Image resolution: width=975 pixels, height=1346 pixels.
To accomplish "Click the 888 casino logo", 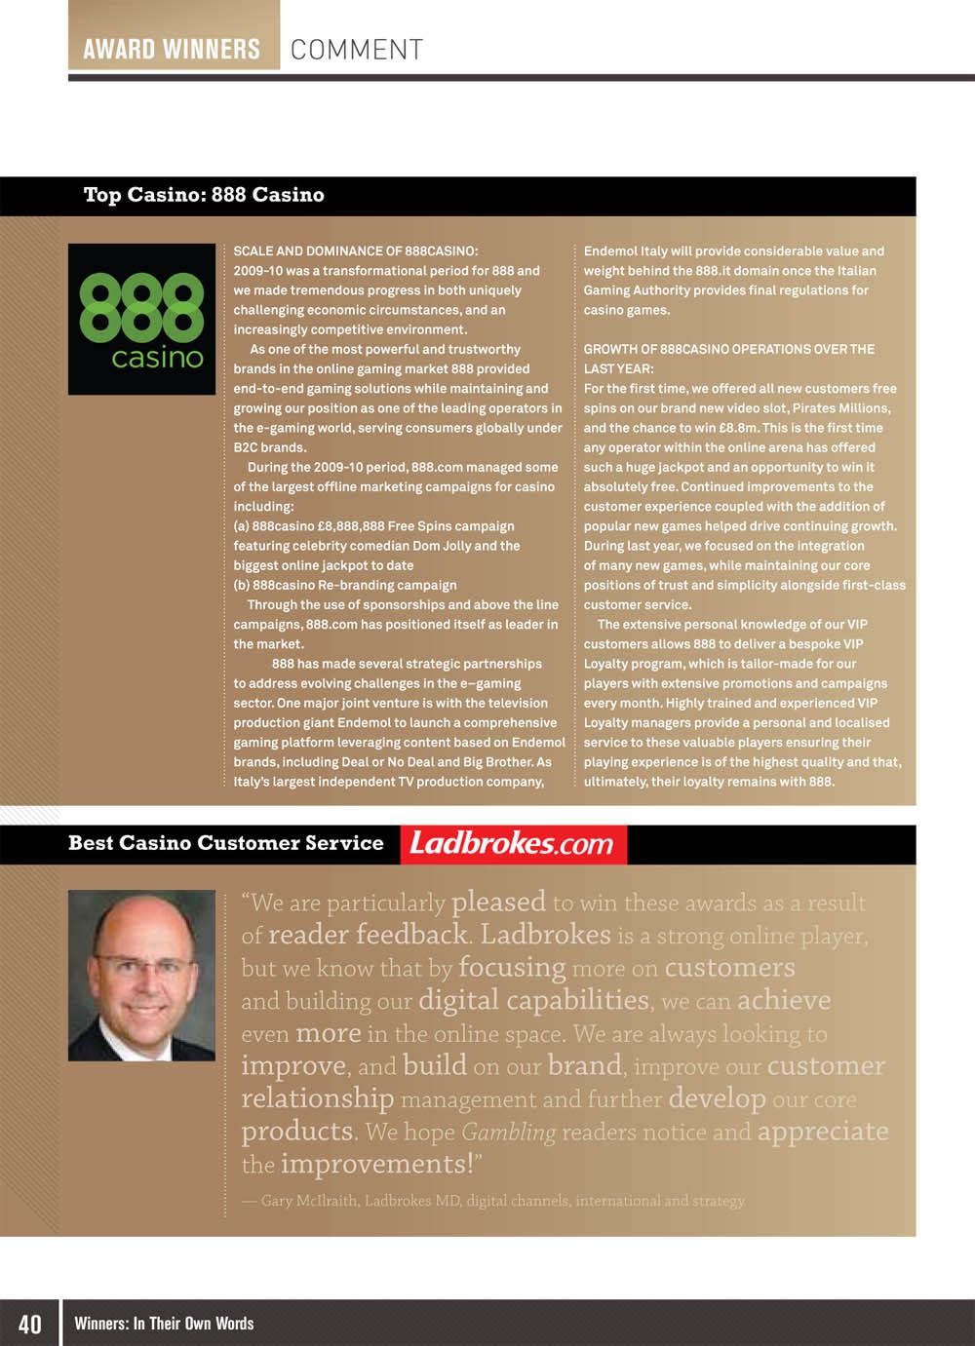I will point(141,319).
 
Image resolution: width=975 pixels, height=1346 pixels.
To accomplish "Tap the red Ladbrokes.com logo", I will point(513,844).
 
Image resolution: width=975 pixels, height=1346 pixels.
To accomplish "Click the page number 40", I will point(30,1323).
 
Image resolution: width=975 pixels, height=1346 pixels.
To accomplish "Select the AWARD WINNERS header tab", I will point(173,49).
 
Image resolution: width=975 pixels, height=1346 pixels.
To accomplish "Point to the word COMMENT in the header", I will point(357,50).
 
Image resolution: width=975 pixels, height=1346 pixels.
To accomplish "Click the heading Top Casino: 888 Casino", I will point(204,195).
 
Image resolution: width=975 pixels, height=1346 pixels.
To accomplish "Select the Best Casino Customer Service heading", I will point(226,843).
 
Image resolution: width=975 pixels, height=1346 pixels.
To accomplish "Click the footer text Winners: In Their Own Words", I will point(164,1323).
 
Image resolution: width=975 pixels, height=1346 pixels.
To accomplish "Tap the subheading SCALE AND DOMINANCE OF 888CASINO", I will point(356,251).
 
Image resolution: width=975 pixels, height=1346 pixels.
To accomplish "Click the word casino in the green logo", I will point(157,358).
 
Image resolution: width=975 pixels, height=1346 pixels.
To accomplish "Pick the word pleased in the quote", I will point(498,903).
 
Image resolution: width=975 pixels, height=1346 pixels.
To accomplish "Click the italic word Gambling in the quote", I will point(508,1133).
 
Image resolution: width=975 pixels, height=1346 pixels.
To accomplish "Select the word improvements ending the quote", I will point(375,1165).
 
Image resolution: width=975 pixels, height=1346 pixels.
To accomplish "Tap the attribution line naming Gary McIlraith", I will point(493,1201).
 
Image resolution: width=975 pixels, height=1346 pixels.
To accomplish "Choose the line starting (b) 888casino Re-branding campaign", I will point(345,585).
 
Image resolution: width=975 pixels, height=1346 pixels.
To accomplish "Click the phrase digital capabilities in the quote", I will point(534,1001).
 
